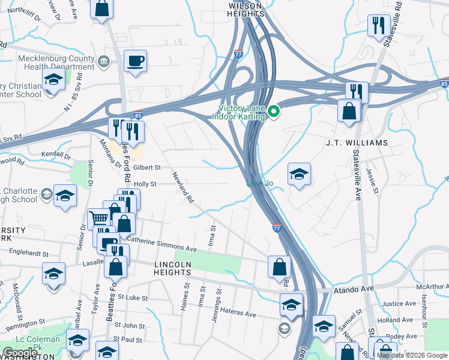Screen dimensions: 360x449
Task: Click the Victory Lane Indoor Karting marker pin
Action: coord(274,112)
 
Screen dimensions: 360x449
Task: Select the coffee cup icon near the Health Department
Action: coord(136,61)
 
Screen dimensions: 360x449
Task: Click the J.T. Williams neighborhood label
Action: coord(357,143)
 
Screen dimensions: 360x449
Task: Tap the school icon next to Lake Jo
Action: coord(299,175)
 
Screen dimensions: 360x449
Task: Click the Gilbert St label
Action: coord(148,168)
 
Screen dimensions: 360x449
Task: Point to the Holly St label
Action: coord(145,184)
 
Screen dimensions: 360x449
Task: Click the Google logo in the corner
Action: coord(19,353)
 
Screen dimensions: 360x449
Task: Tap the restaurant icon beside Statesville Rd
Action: coord(379,26)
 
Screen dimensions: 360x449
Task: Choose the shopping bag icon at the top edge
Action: coord(102,8)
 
